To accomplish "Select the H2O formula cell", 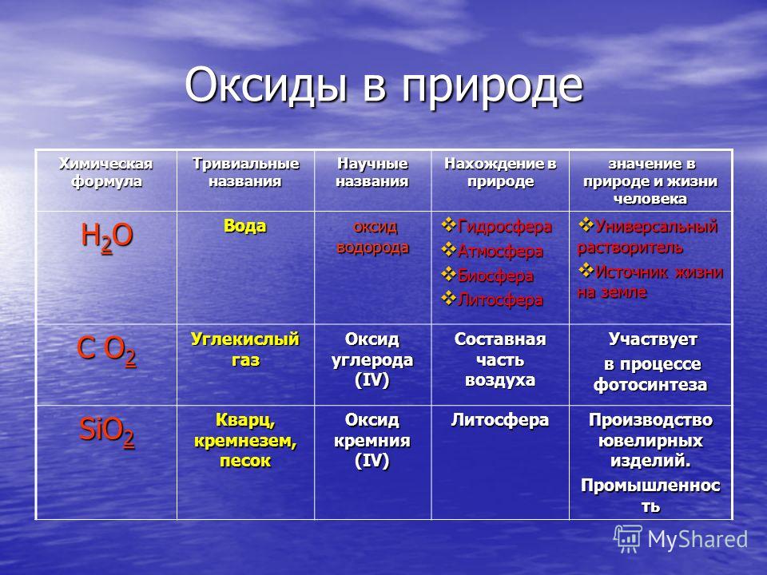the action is [x=106, y=237].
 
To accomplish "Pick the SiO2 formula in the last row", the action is [x=106, y=432].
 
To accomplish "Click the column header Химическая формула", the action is [x=106, y=172].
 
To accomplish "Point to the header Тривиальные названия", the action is [x=245, y=172].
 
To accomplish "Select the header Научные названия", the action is [x=372, y=172].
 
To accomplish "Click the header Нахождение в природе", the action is [x=500, y=172].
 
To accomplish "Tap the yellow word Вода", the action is [x=245, y=226].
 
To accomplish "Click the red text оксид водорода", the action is [x=373, y=237].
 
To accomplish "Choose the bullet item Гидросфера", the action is [x=504, y=227].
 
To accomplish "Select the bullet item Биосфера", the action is [x=495, y=276].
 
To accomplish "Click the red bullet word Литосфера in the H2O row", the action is [x=500, y=299].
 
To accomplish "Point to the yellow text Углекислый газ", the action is [x=245, y=349].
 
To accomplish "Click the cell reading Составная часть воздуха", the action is [x=500, y=359].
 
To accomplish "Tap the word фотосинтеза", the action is [x=650, y=385].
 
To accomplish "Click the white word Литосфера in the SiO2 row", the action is [x=500, y=420].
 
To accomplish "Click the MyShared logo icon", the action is [x=628, y=539].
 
